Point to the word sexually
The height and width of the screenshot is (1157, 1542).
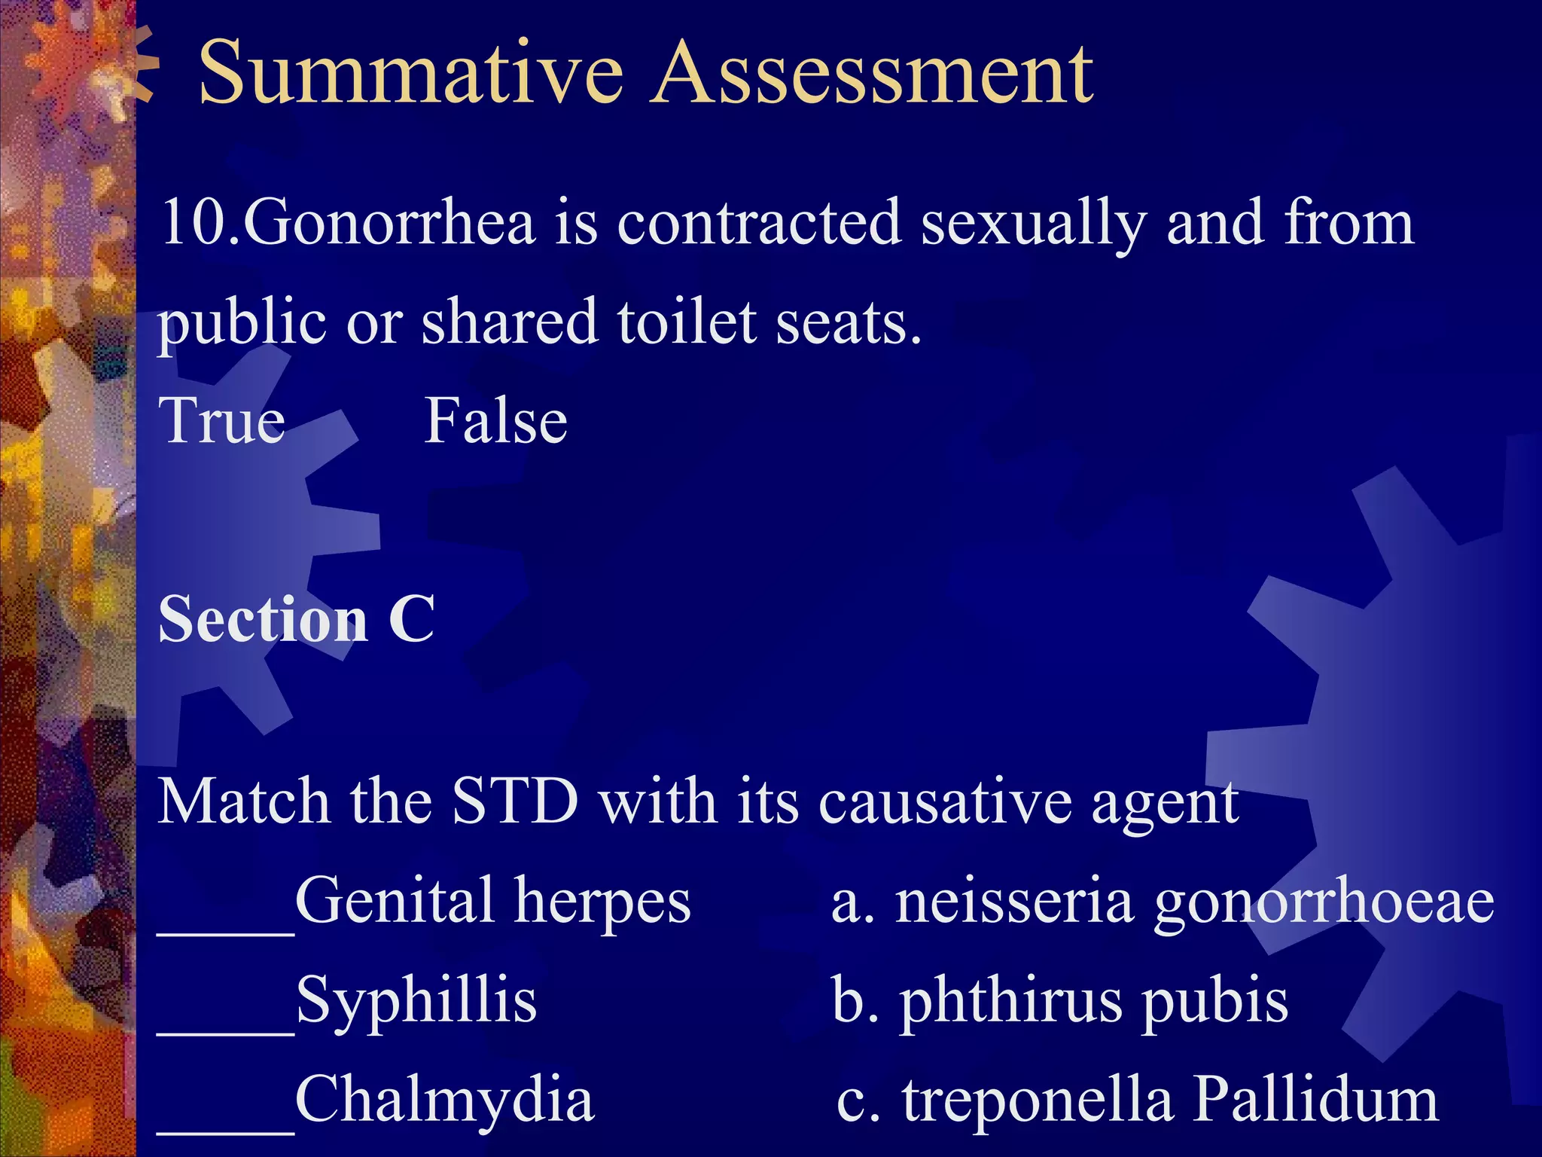pos(1034,224)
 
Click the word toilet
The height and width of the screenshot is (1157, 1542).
pos(687,322)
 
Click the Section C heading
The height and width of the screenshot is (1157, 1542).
pos(296,619)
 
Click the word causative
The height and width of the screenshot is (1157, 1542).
pos(944,801)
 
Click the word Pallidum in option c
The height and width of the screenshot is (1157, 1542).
pos(1315,1100)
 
